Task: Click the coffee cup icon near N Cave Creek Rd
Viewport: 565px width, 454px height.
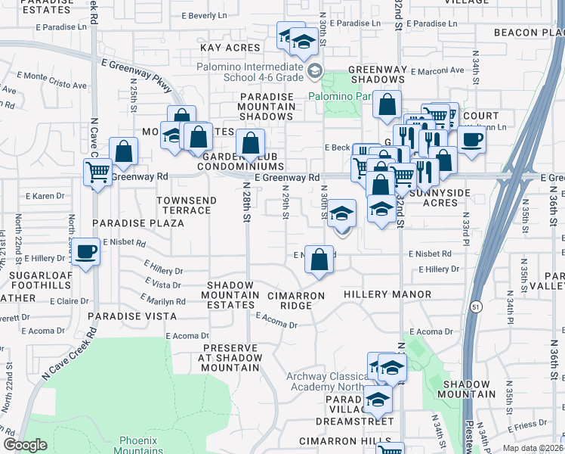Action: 85,251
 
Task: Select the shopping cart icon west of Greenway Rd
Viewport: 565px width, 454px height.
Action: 97,173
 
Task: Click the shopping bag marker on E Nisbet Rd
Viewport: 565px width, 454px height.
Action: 320,259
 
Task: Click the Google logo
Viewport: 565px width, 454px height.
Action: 25,445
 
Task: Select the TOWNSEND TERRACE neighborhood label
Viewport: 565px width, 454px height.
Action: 187,205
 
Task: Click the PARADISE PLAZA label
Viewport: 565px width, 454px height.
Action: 138,223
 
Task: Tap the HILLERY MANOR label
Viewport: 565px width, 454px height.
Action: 387,294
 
